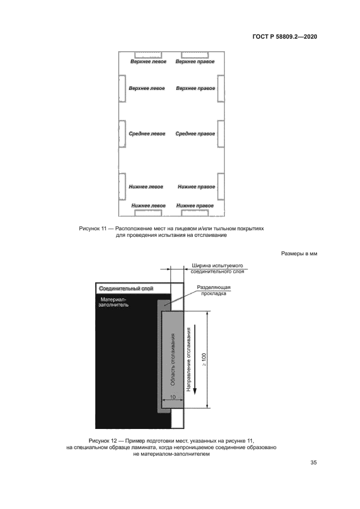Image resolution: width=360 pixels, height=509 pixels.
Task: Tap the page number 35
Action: click(314, 463)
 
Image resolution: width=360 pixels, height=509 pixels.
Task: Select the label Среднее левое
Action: click(147, 133)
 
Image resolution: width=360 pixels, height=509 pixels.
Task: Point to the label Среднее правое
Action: click(195, 133)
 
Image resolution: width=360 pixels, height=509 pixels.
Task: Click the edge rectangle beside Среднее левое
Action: click(123, 133)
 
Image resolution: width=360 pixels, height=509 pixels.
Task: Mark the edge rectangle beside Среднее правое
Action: click(221, 133)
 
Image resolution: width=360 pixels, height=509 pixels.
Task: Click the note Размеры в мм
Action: click(299, 254)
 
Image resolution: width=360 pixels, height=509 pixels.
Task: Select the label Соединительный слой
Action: click(125, 288)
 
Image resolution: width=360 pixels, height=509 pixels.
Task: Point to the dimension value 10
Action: click(172, 397)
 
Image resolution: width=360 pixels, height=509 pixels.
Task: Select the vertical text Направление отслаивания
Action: click(188, 357)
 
